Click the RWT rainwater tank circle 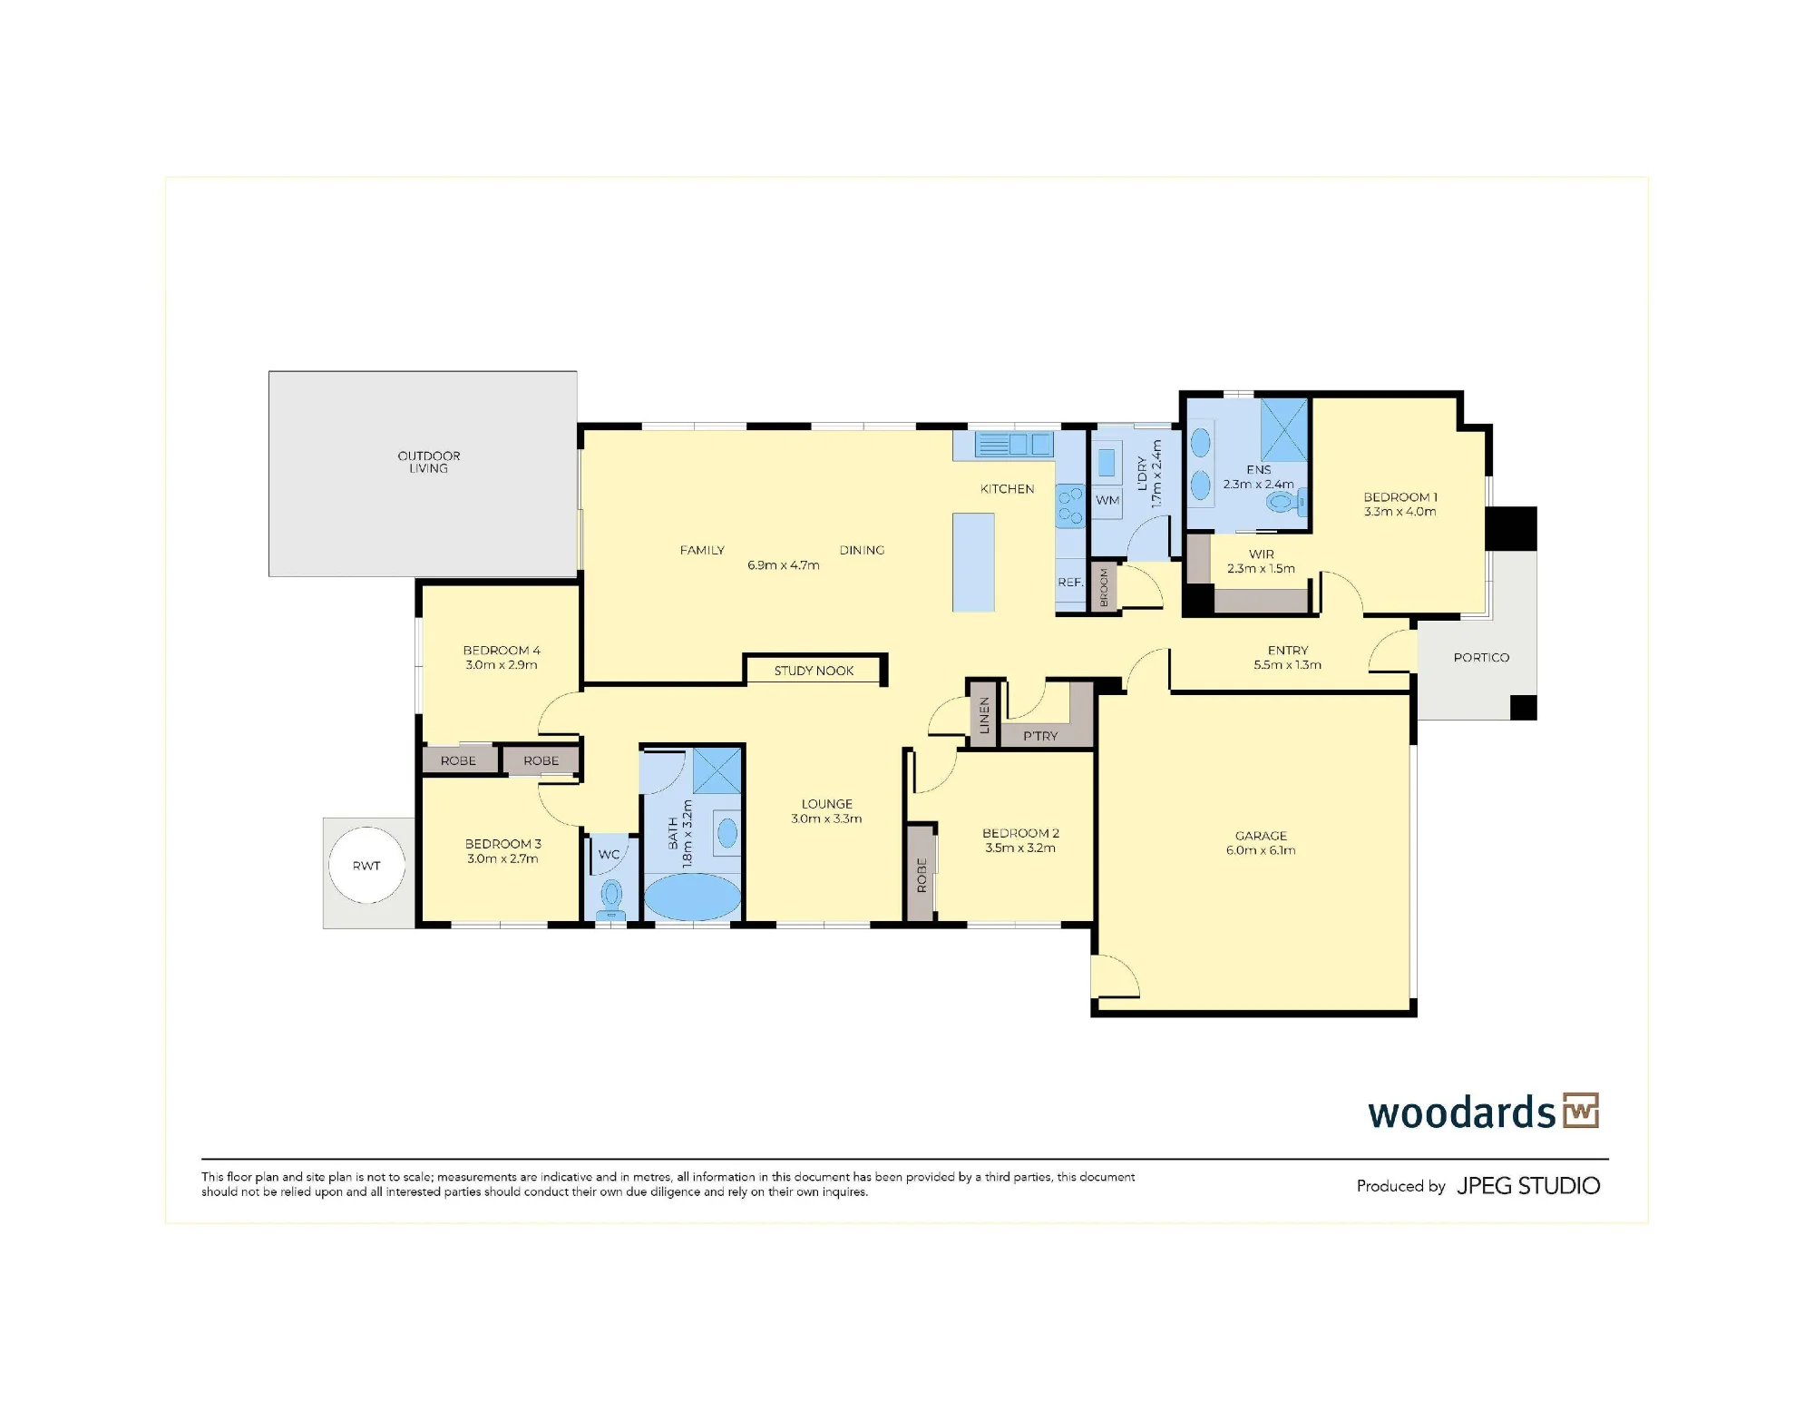[366, 865]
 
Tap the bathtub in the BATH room [692, 897]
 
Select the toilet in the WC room [611, 898]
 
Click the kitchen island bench [973, 563]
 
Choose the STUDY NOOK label [814, 671]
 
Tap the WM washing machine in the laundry [1107, 501]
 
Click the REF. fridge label [1070, 583]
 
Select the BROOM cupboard [1104, 587]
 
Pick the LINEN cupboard [983, 714]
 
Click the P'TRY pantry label [1040, 736]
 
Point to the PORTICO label [1481, 657]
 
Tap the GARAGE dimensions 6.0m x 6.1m [1261, 850]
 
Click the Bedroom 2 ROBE [922, 874]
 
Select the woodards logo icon [1581, 1110]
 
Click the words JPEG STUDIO [1528, 1186]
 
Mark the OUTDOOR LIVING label [429, 462]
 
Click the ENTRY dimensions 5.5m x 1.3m [1287, 665]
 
